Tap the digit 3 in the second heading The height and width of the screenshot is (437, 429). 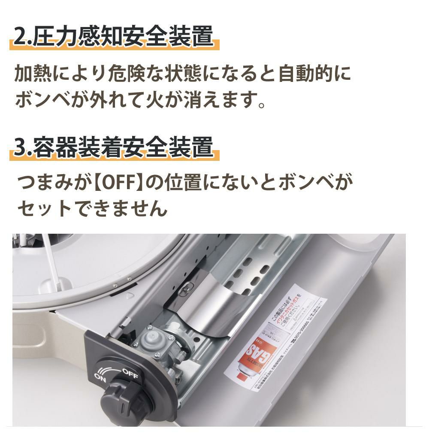[20, 148]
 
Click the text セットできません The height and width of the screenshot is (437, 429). [91, 209]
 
